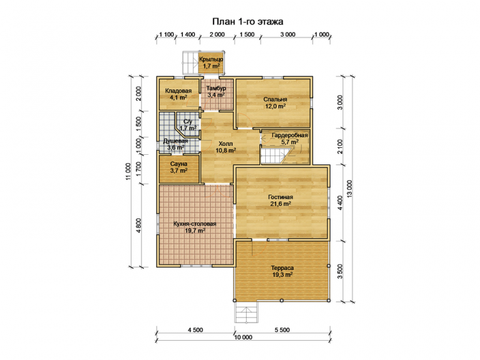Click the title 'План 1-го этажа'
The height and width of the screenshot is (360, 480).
pos(248,22)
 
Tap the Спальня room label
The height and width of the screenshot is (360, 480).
pos(275,100)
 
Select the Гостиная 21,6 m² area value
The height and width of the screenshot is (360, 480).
pos(280,203)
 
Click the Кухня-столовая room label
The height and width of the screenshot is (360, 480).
pos(194,224)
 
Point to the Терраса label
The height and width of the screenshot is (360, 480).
pos(282,268)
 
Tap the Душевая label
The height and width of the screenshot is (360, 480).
pos(175,141)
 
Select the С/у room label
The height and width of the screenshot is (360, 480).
pos(188,122)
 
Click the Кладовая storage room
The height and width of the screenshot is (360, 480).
pos(178,94)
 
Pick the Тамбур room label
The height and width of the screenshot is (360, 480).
pos(216,88)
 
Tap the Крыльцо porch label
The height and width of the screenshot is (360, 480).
pos(211,59)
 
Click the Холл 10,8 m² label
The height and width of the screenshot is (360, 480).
pos(226,147)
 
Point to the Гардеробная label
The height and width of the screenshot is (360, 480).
pos(290,136)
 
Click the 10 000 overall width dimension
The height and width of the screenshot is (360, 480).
pos(244,337)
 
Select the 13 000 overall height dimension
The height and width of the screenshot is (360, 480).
pos(350,190)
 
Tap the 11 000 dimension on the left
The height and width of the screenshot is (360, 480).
pos(128,172)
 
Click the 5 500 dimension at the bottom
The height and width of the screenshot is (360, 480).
pos(282,329)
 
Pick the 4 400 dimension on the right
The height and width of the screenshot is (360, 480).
pos(339,203)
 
